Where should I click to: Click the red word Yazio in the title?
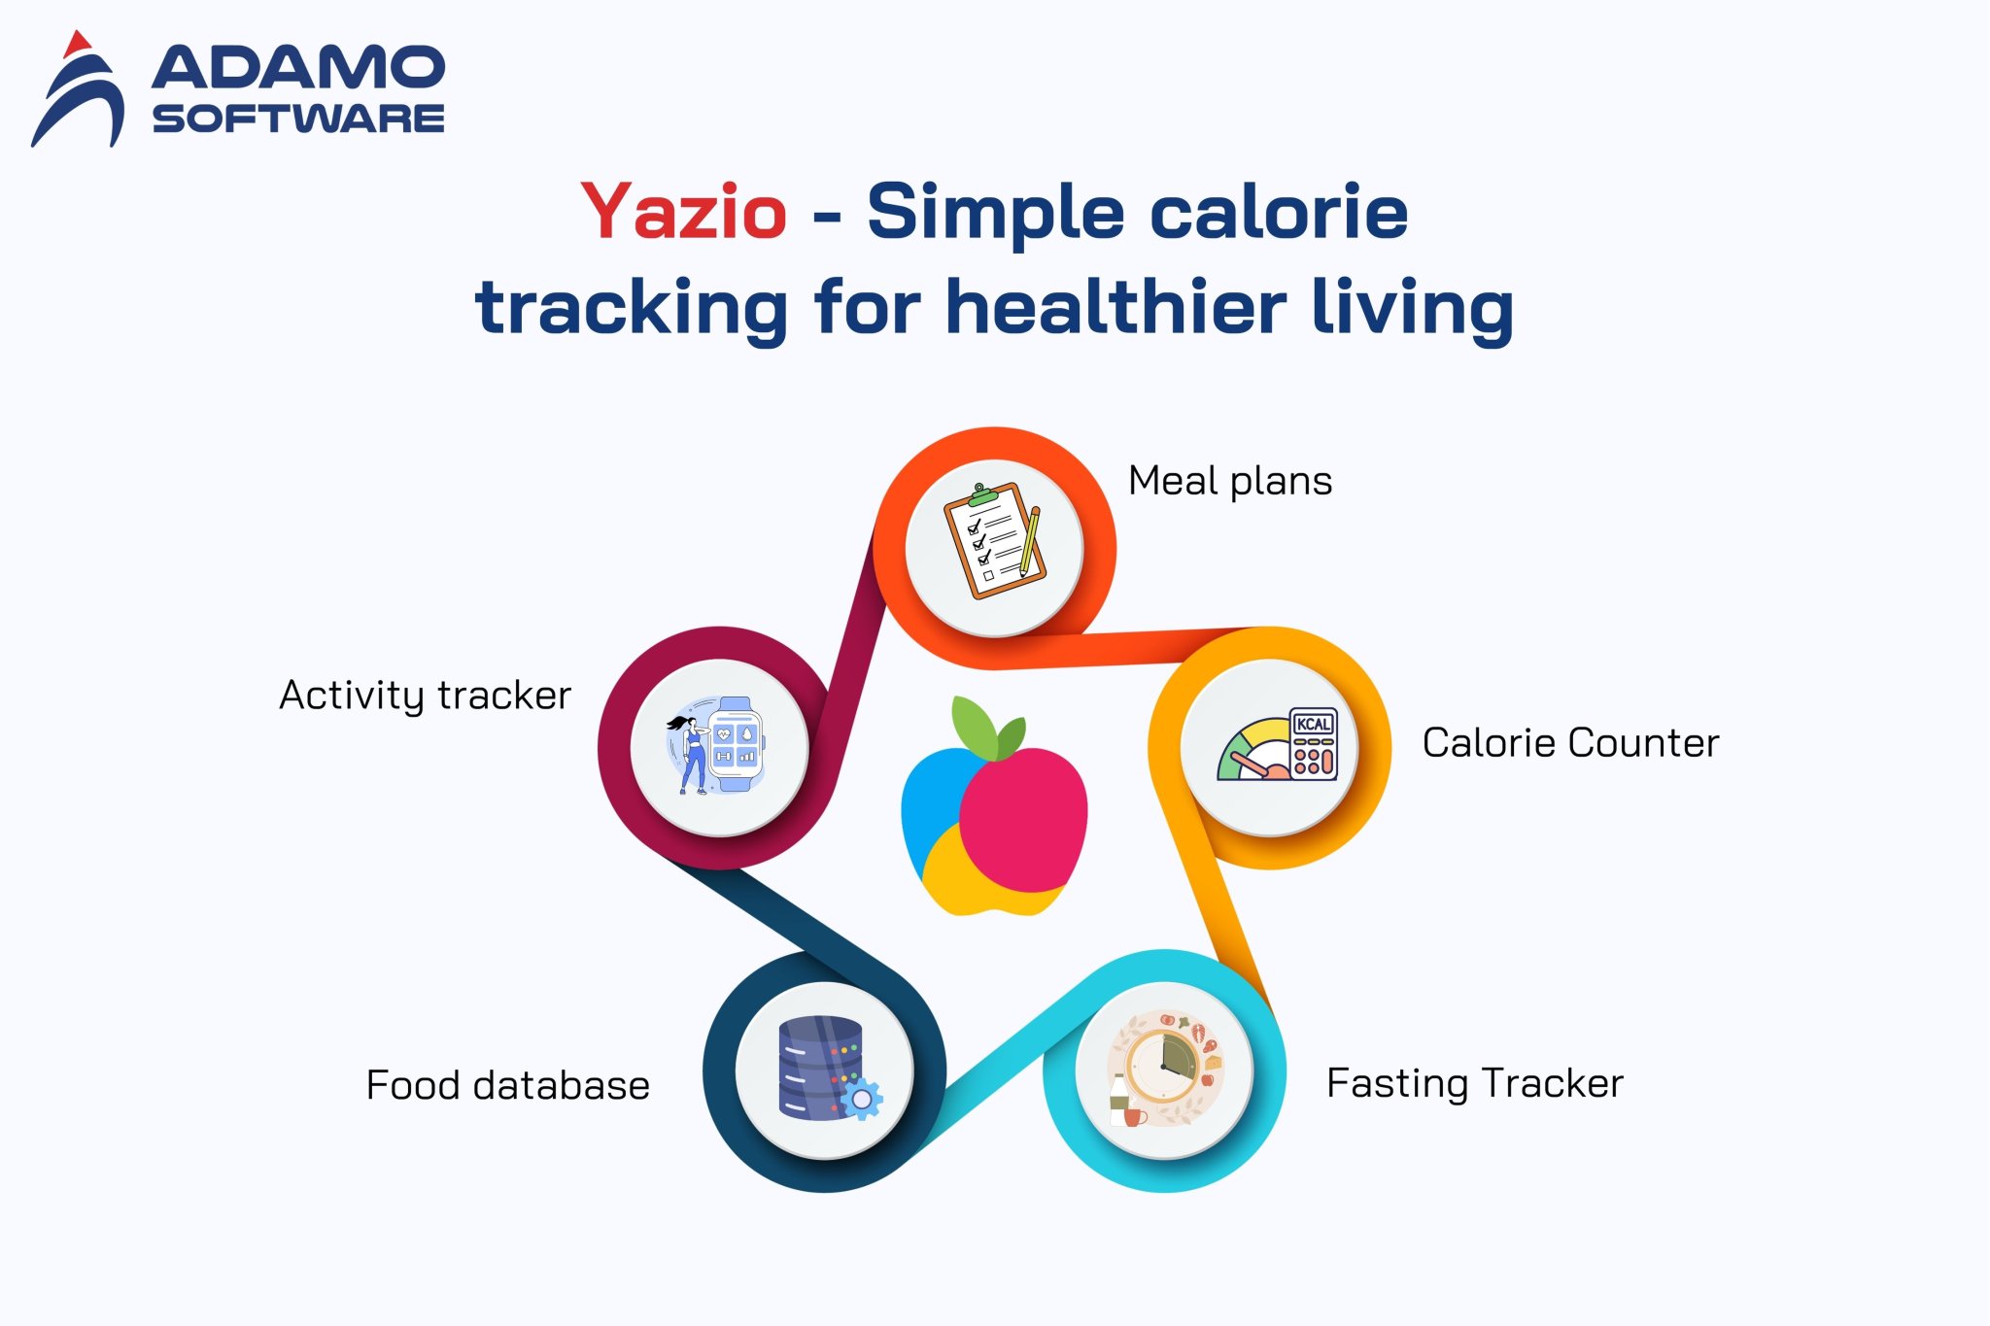point(683,212)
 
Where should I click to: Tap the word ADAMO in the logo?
point(297,68)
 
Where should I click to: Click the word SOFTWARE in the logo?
point(297,119)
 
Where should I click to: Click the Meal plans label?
point(1229,481)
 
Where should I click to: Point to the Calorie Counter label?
point(1570,743)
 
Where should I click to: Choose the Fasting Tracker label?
point(1474,1083)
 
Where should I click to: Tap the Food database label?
point(507,1085)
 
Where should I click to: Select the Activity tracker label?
point(425,696)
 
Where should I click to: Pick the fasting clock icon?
point(1164,1068)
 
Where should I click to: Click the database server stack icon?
point(820,1067)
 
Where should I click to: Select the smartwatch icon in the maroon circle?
point(736,744)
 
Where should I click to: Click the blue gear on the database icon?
point(861,1099)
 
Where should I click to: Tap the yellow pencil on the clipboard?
point(1029,540)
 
